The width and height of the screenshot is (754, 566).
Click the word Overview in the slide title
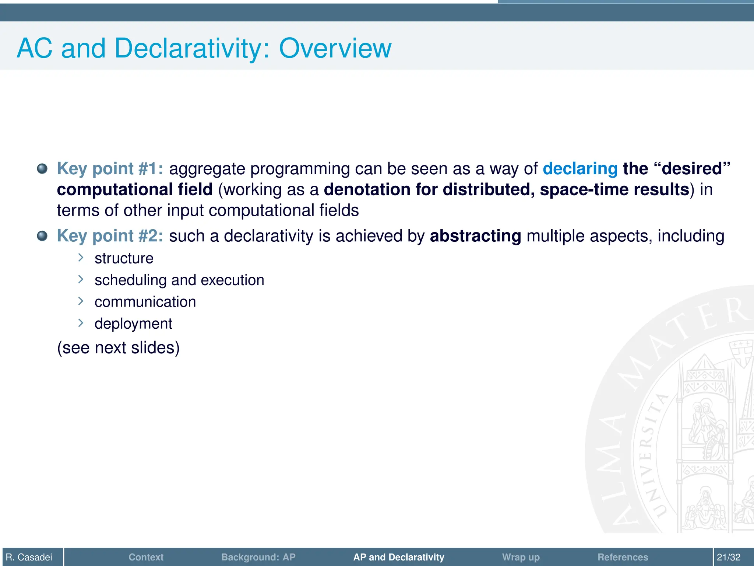[335, 48]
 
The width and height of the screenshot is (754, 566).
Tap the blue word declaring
[580, 168]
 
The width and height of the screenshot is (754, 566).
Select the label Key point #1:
[110, 168]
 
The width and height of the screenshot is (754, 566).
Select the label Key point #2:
[110, 236]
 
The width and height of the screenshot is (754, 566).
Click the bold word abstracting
[475, 236]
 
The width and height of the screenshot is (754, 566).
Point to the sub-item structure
[124, 258]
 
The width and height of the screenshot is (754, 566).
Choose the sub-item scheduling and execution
[179, 280]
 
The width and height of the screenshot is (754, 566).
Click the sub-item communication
[145, 302]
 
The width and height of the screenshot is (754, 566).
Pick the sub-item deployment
[133, 324]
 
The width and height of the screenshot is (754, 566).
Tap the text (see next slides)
[118, 347]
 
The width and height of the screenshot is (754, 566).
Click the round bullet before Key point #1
[42, 169]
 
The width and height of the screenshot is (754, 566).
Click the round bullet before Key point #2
[42, 236]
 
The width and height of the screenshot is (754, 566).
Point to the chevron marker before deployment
[81, 323]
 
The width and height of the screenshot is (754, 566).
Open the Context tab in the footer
[146, 557]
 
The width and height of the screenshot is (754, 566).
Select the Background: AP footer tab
[258, 557]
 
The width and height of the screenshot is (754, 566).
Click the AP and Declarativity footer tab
[399, 557]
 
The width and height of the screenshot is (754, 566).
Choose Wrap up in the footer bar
[521, 557]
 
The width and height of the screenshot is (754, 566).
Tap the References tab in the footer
[623, 557]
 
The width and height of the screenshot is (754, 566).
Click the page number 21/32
[728, 557]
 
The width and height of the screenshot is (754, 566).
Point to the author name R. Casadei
[29, 557]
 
